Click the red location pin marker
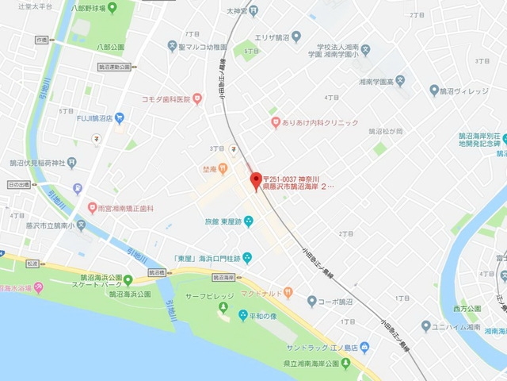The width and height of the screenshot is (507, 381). pyautogui.click(x=255, y=181)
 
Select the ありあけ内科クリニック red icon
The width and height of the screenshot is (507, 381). pyautogui.click(x=276, y=123)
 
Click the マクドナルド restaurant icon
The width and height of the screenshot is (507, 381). pyautogui.click(x=288, y=293)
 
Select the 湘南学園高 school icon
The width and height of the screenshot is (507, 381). pyautogui.click(x=400, y=80)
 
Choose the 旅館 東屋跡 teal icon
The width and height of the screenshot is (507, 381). pyautogui.click(x=249, y=220)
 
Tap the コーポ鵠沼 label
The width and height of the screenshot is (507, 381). pyautogui.click(x=335, y=302)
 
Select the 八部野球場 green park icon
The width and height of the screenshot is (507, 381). pyautogui.click(x=110, y=7)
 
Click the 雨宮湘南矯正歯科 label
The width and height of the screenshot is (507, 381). pyautogui.click(x=126, y=208)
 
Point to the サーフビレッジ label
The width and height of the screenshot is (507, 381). pyautogui.click(x=208, y=296)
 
